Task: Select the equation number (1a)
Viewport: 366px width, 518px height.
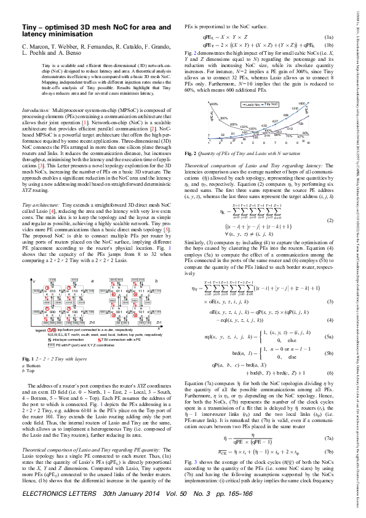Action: pos(330,38)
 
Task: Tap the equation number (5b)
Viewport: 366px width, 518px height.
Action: pos(329,337)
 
